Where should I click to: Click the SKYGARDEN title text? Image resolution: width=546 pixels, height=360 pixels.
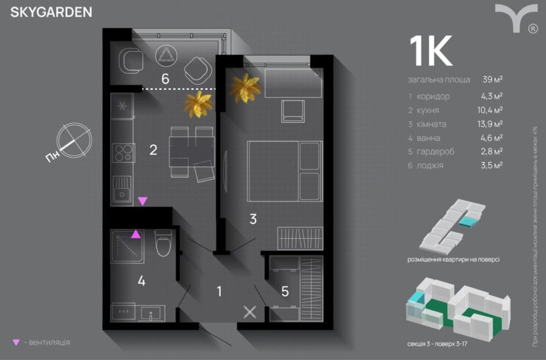[51, 12]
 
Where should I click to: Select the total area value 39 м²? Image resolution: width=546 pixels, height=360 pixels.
[492, 79]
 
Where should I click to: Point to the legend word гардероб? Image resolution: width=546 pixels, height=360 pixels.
[435, 151]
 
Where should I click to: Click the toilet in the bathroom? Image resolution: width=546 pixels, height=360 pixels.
[163, 244]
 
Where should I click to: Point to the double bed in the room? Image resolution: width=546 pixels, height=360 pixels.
[283, 171]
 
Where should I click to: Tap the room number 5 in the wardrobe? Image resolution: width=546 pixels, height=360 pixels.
[285, 291]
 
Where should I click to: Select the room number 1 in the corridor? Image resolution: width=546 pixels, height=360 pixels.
[219, 291]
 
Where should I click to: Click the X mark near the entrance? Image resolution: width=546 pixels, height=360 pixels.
[250, 312]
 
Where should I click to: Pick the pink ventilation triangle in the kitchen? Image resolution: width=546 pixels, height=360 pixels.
[142, 201]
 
